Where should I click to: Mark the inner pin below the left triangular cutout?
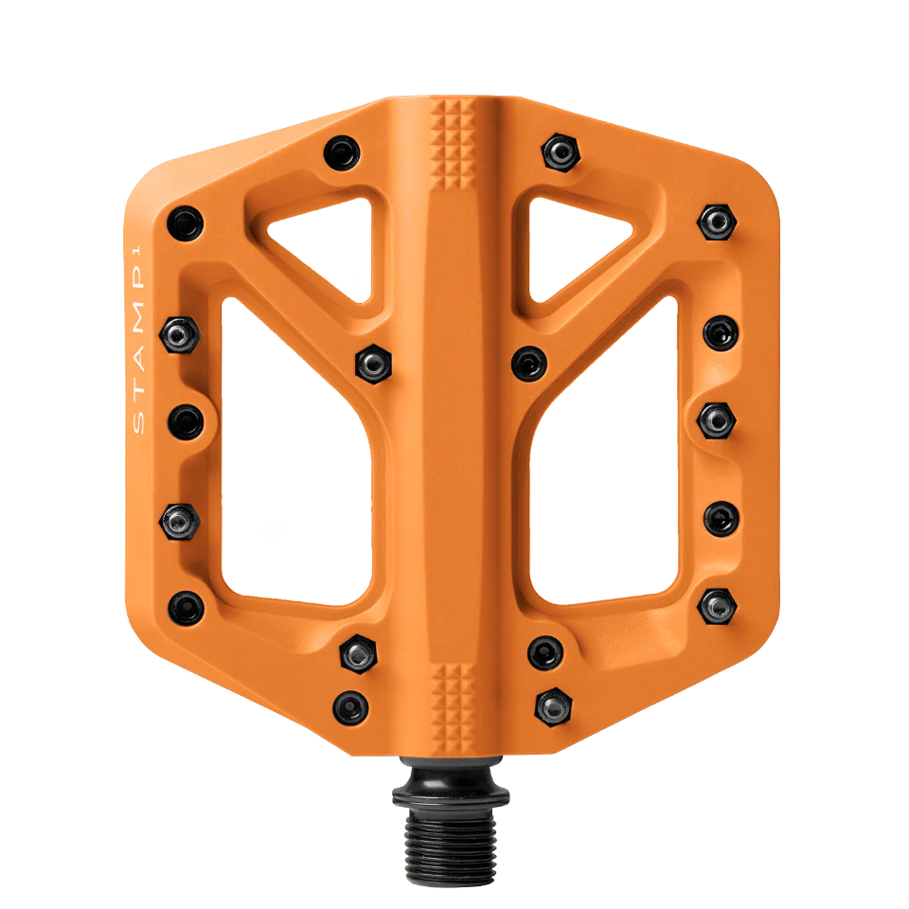coord(372,362)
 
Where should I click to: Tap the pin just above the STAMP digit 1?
coord(185,223)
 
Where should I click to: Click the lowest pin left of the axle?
coord(350,704)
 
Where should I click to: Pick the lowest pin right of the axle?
coord(553,704)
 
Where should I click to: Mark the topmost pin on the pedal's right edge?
coord(717,223)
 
